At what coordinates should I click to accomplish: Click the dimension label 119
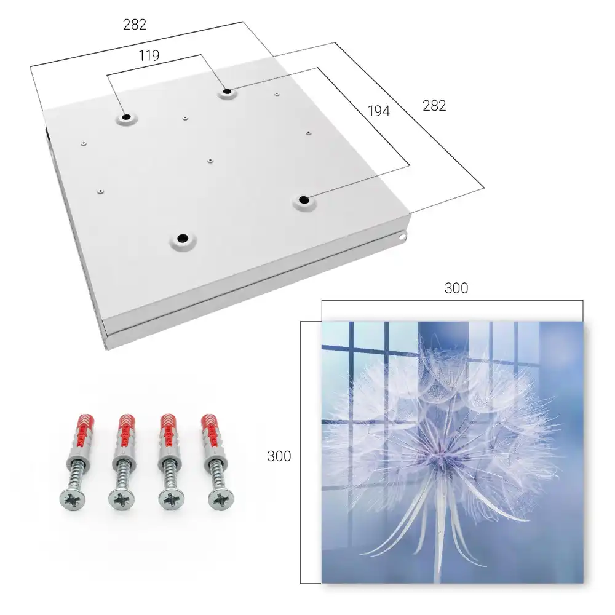tap(149, 56)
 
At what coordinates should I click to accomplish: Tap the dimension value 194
tap(379, 111)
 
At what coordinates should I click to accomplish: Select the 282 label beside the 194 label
tap(434, 106)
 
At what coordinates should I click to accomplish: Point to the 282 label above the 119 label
tap(135, 25)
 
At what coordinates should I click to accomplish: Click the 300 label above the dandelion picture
tap(456, 288)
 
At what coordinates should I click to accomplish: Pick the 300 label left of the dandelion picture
tap(279, 456)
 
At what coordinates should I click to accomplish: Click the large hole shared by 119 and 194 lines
tap(227, 92)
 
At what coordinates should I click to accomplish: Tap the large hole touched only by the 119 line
tap(126, 117)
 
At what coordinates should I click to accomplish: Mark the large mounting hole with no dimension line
tap(183, 238)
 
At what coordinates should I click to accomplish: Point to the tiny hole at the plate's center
tap(210, 161)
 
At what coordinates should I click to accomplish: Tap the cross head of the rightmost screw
tap(221, 499)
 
